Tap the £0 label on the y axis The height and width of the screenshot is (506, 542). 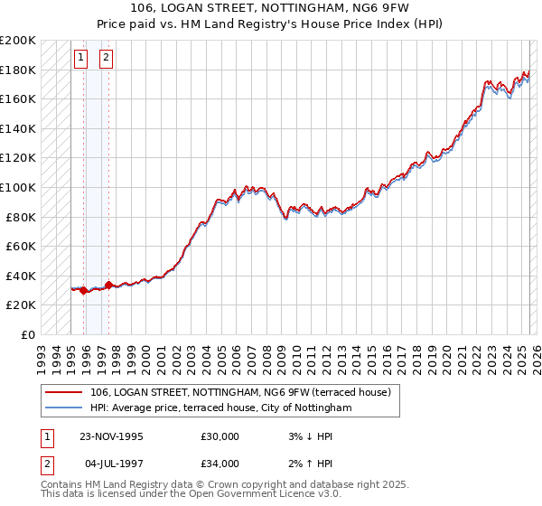pos(28,334)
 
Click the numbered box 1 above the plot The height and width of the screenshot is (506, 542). pos(80,59)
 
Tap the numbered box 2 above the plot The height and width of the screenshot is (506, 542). pos(106,59)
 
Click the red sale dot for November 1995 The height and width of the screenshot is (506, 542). pos(84,291)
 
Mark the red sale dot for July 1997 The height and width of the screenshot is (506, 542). pos(108,285)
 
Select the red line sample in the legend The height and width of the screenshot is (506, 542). pos(63,392)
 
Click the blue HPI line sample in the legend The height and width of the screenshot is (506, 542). pos(63,408)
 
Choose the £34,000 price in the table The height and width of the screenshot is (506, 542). pos(220,464)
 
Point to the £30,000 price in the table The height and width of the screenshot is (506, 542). pos(220,436)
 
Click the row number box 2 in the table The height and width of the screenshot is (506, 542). pos(46,464)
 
